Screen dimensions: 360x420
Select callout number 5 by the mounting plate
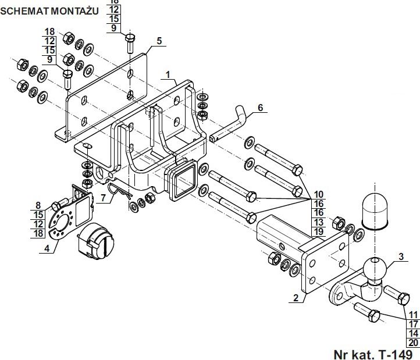click(159, 41)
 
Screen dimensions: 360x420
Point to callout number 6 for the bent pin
click(260, 108)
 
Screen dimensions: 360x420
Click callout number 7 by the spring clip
click(102, 198)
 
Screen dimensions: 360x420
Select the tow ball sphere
click(374, 270)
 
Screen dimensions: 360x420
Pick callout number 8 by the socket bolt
click(38, 205)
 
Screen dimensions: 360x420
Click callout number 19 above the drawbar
click(318, 231)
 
